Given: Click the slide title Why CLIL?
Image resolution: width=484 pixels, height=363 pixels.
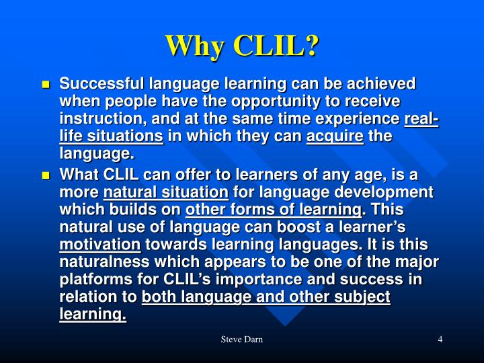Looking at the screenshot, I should point(242,45).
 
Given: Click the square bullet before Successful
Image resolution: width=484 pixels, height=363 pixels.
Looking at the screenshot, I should point(46,85).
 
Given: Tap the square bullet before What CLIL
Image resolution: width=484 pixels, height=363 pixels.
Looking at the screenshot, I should point(46,175).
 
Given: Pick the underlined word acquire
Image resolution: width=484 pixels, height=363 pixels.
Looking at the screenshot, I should point(335,136).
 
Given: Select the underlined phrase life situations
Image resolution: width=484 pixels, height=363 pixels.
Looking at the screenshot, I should point(111,136).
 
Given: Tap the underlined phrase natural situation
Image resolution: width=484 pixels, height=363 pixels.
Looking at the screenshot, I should point(165,192).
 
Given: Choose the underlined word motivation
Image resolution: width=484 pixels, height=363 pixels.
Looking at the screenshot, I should point(99,245).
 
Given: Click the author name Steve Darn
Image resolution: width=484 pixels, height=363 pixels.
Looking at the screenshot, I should point(241,339).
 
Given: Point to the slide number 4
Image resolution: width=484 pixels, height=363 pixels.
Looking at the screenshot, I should point(440,339).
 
